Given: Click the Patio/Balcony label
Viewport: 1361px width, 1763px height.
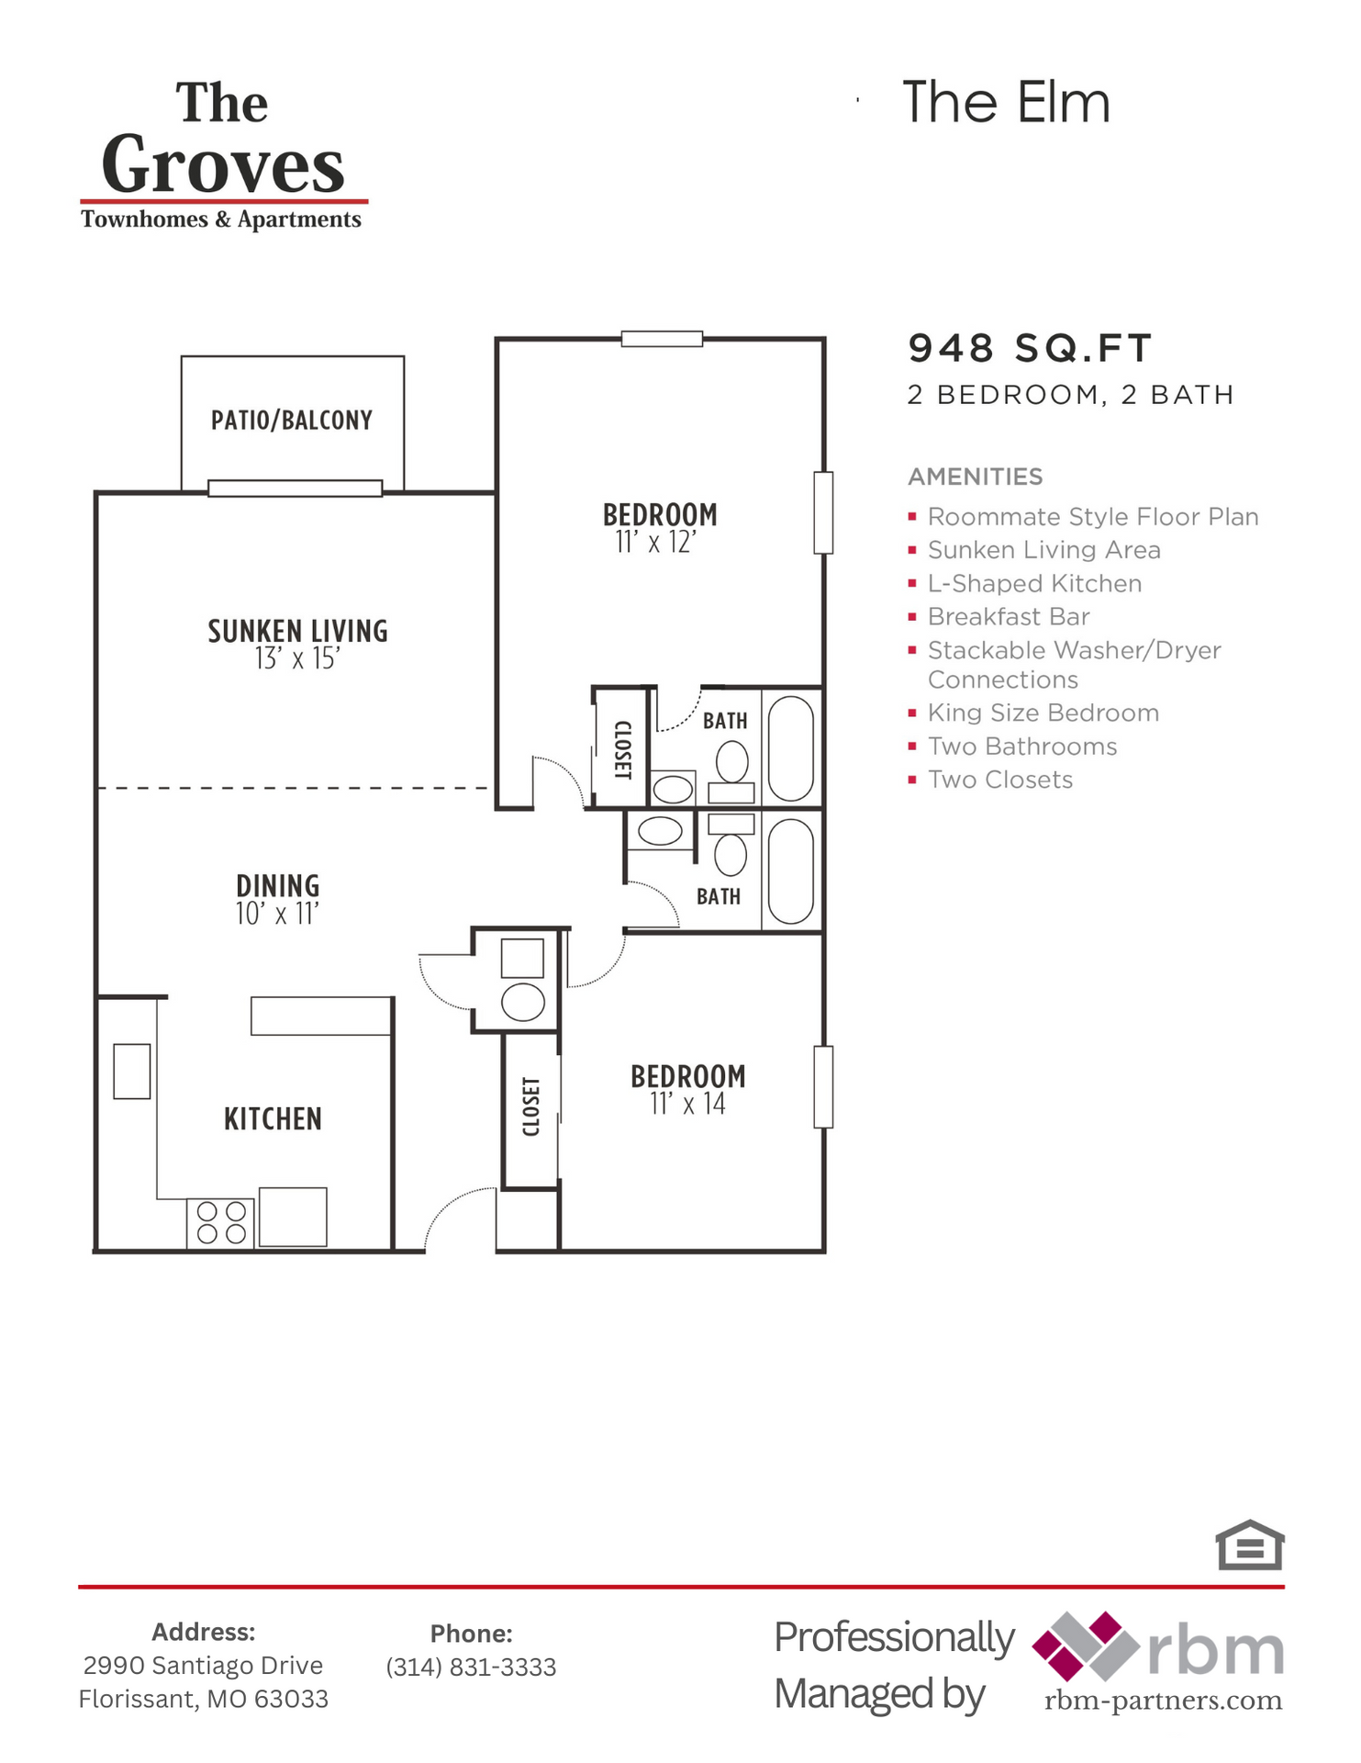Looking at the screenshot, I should [292, 421].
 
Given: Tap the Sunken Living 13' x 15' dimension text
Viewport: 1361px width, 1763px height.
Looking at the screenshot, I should [297, 659].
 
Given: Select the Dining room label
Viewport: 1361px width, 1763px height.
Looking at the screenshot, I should [278, 886].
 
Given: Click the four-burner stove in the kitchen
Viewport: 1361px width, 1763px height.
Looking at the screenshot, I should [221, 1223].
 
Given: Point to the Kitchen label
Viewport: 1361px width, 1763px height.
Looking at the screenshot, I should [273, 1119].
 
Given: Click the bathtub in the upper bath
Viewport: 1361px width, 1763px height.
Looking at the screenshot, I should [790, 748].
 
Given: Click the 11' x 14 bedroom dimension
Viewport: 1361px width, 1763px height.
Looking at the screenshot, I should [687, 1104].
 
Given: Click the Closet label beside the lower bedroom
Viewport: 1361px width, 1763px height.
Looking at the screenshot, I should [530, 1107].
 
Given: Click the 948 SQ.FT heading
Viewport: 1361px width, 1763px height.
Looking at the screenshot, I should [1029, 348].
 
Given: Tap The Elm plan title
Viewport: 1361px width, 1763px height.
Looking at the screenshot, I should [1006, 102].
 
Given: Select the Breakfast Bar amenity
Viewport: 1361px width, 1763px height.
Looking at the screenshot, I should [1008, 617].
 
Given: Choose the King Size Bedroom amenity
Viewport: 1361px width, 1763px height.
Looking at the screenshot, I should [1043, 713].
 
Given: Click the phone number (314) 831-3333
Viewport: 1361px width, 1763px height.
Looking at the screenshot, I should [471, 1667].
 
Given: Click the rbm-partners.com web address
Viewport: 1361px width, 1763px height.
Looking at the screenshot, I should [1163, 1701].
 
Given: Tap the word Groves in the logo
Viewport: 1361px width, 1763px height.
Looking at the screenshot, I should [223, 165].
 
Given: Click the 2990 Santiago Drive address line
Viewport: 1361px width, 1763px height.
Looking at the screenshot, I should [203, 1665].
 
